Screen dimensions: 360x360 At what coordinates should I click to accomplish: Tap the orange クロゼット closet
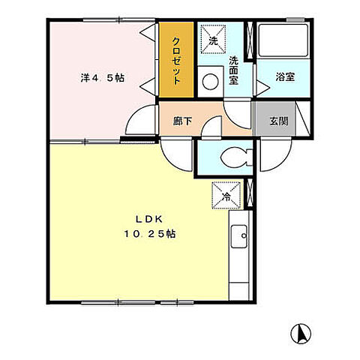tap(176, 59)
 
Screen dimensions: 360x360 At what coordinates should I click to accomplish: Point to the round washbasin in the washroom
tap(211, 78)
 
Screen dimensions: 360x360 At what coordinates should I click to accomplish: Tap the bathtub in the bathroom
tap(283, 43)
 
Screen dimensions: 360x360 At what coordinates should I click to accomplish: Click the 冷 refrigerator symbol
tap(227, 196)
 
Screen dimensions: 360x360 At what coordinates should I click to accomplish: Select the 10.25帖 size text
tap(150, 234)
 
